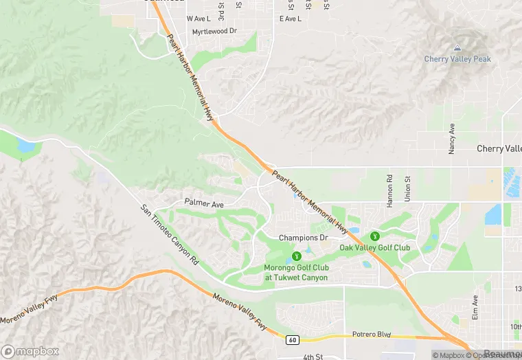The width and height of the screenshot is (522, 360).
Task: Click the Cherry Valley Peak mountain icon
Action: pyautogui.click(x=457, y=48)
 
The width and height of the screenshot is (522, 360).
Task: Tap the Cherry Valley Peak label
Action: pyautogui.click(x=457, y=60)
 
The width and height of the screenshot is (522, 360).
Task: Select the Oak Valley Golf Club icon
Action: pyautogui.click(x=375, y=236)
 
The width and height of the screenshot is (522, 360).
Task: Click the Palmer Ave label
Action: pyautogui.click(x=205, y=203)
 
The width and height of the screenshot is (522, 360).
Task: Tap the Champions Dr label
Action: pyautogui.click(x=303, y=238)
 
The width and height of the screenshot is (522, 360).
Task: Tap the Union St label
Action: pyautogui.click(x=407, y=188)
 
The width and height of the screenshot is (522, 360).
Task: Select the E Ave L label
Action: pyautogui.click(x=291, y=19)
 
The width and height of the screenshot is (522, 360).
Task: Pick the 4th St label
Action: pyautogui.click(x=313, y=357)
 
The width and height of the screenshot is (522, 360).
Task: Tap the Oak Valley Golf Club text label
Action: pyautogui.click(x=375, y=248)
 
